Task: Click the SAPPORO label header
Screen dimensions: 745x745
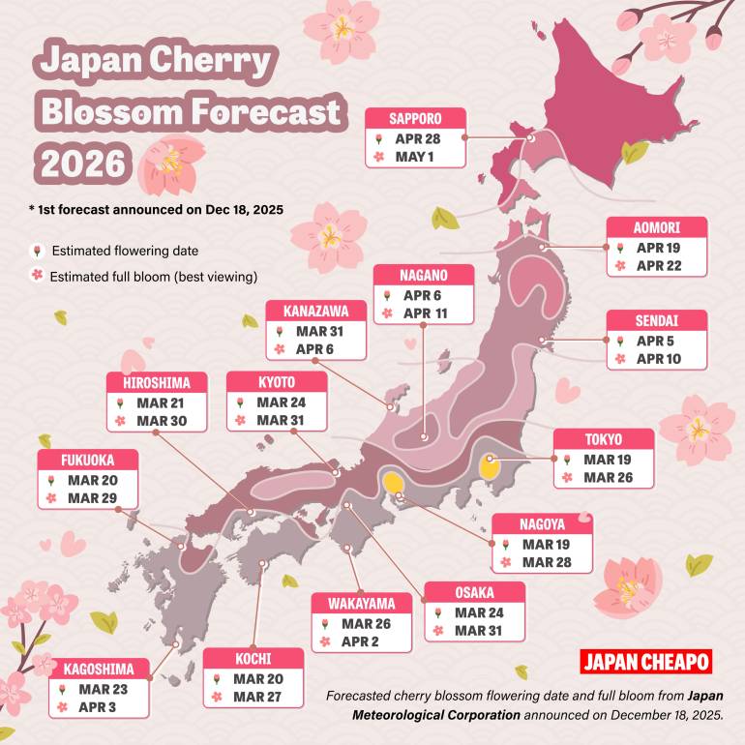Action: tap(415, 119)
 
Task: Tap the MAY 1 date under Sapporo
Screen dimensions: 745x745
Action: tap(415, 156)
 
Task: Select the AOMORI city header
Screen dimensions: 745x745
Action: tap(657, 228)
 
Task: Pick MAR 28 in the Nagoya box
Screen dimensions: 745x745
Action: tap(546, 562)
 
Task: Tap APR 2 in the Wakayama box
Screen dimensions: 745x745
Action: tap(362, 641)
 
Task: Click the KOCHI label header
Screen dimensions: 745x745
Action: tap(252, 660)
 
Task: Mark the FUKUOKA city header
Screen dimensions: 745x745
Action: tap(88, 460)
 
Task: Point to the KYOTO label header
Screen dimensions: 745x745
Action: tap(277, 382)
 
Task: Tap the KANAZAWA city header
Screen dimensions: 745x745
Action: tap(315, 311)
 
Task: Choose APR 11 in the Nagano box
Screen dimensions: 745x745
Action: tap(424, 313)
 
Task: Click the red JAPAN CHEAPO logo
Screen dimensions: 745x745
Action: tap(645, 663)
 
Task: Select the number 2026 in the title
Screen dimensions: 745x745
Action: tap(82, 162)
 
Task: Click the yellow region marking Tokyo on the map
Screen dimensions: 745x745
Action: tap(490, 466)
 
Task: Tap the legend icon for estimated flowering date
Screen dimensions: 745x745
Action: tap(37, 251)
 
